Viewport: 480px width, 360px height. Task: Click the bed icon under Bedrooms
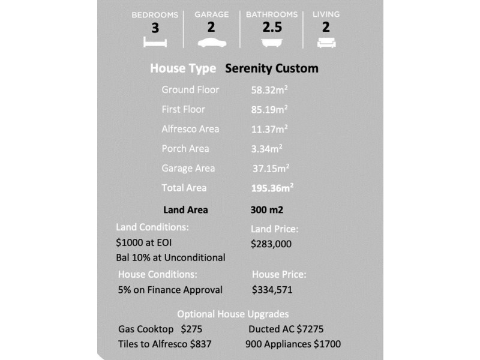pos(155,42)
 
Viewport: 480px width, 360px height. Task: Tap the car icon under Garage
pos(211,42)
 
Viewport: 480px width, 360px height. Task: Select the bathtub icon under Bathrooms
pos(272,42)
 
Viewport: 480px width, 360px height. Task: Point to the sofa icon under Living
pos(326,42)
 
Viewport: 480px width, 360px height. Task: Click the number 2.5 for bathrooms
pos(272,27)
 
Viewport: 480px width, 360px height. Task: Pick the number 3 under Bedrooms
pos(155,28)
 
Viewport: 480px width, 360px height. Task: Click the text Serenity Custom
pos(272,68)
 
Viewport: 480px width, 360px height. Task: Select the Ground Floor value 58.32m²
pos(269,90)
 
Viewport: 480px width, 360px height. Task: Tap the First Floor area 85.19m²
pos(269,110)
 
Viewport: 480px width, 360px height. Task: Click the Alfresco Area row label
pos(190,129)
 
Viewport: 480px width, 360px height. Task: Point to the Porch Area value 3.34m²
pos(266,149)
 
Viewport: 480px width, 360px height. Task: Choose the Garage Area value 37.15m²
pos(271,169)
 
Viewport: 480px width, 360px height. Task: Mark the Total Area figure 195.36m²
pos(272,188)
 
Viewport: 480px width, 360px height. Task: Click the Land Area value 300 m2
pos(266,211)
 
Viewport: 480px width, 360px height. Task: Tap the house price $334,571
pos(272,290)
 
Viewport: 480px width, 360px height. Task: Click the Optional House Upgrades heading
pos(233,314)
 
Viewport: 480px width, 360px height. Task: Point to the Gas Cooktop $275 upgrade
pos(160,329)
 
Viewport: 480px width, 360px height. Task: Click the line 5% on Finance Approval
pos(170,290)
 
